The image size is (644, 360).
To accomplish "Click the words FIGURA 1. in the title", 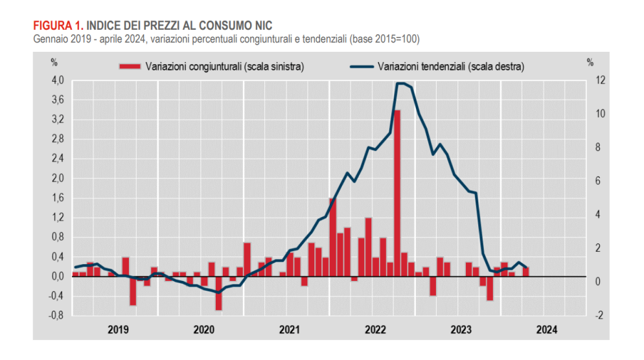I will coord(58,25).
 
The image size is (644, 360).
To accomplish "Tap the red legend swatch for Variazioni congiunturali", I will coord(130,66).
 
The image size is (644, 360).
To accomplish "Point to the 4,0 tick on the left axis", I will coord(58,80).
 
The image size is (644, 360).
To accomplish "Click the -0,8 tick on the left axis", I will coord(57,316).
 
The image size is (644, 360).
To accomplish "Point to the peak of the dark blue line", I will coord(400,83).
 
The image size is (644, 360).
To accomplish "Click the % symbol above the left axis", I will coord(54,63).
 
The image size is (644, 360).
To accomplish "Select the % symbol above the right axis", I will coord(590,63).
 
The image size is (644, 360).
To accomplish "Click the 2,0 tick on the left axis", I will coord(58,178).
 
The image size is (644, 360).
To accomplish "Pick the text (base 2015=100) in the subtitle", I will coord(385,39).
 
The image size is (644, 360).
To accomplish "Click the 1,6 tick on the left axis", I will coord(58,198).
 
